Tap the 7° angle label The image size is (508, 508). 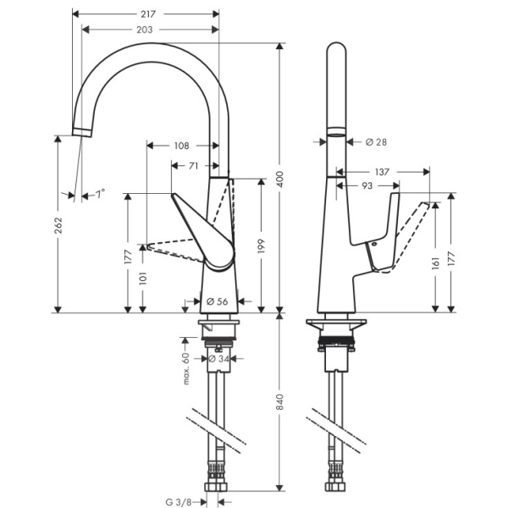[x=100, y=195]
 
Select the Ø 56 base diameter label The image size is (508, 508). [x=217, y=301]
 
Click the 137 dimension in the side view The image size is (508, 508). [x=382, y=172]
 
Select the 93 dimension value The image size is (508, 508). [x=367, y=185]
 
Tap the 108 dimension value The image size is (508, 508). [x=181, y=146]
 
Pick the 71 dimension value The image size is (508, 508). [x=194, y=166]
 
